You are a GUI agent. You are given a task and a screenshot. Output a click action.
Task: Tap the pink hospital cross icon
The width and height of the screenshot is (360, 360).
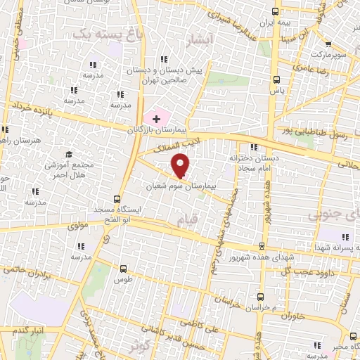(156, 119)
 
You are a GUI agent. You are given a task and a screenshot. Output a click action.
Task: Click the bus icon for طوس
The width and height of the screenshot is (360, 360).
(124, 269)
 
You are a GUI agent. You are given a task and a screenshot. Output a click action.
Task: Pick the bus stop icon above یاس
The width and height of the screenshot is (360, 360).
(276, 79)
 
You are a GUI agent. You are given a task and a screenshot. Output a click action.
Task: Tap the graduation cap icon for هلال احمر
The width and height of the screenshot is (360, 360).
(69, 155)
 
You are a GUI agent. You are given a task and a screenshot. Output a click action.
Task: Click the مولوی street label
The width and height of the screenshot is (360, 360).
(77, 226)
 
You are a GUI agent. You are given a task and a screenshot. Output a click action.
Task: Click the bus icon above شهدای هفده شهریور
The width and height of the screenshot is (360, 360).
(262, 246)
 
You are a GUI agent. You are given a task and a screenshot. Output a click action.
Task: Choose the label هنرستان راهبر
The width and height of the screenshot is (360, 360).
(28, 141)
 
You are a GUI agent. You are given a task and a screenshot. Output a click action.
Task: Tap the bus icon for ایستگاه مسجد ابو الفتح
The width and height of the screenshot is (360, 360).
(117, 199)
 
